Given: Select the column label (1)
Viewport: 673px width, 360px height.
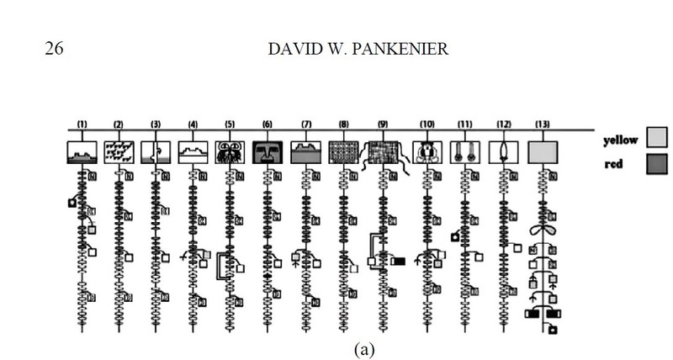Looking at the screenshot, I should click(x=82, y=124).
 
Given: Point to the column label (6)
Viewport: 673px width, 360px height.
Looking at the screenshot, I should click(x=268, y=124).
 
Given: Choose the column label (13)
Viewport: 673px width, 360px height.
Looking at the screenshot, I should click(x=542, y=124).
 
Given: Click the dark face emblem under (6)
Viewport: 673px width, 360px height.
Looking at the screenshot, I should click(x=268, y=151).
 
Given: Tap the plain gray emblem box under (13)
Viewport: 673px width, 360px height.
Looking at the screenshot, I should click(x=543, y=151).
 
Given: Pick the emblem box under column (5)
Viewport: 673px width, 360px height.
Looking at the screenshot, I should click(x=230, y=151).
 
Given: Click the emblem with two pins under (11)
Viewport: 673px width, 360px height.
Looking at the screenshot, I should click(x=465, y=151).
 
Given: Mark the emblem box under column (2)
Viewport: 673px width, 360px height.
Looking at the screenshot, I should click(x=119, y=151).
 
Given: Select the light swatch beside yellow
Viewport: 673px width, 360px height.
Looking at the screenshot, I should click(x=657, y=137).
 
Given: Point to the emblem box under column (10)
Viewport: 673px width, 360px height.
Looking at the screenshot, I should click(x=427, y=151).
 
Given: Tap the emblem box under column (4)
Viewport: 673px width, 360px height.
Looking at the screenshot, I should click(x=193, y=151).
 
